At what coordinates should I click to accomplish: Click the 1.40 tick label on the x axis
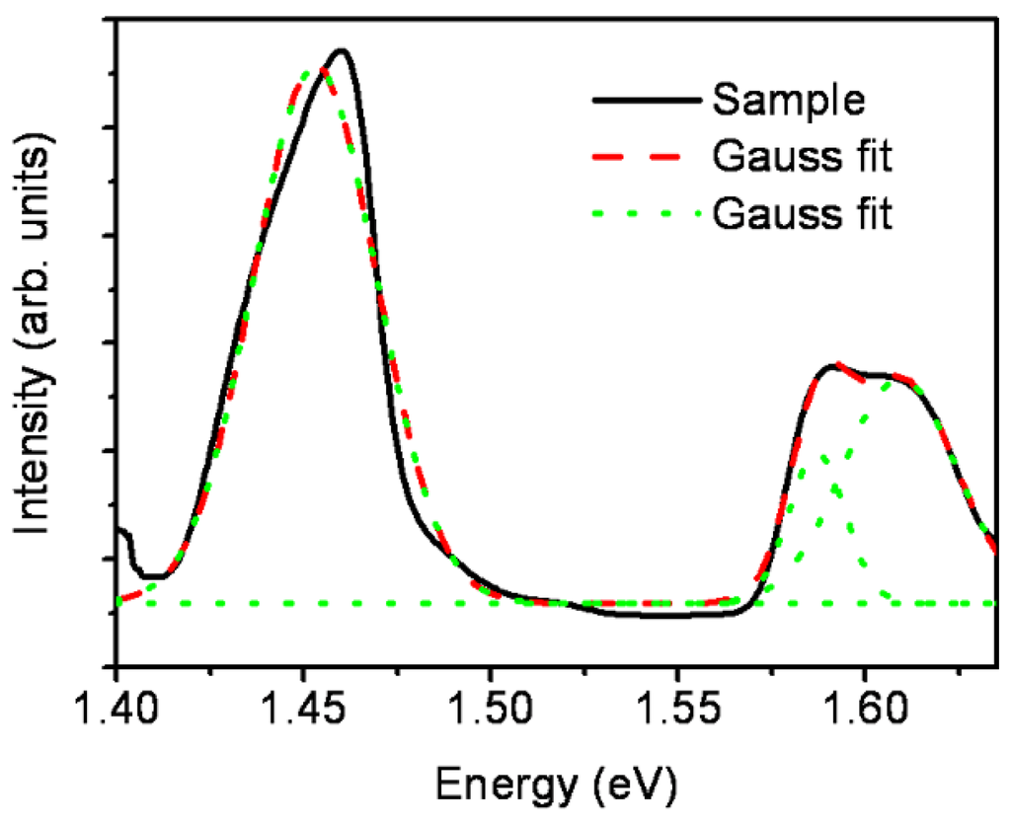pos(117,713)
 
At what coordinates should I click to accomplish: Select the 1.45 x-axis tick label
pos(303,713)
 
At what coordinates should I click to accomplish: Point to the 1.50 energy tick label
pos(490,713)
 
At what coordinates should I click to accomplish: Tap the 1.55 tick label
pos(677,713)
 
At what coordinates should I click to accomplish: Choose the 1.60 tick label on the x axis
pos(864,713)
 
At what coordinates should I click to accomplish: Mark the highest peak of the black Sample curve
pos(342,50)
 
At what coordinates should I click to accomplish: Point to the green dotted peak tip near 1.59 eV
pos(822,456)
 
